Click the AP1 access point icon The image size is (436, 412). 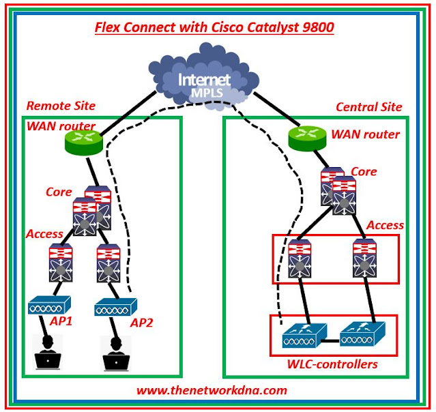[50, 308]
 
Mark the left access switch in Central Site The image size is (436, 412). [301, 259]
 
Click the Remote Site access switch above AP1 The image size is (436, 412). [55, 263]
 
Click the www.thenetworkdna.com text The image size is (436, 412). [212, 390]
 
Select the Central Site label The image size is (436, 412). [369, 107]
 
